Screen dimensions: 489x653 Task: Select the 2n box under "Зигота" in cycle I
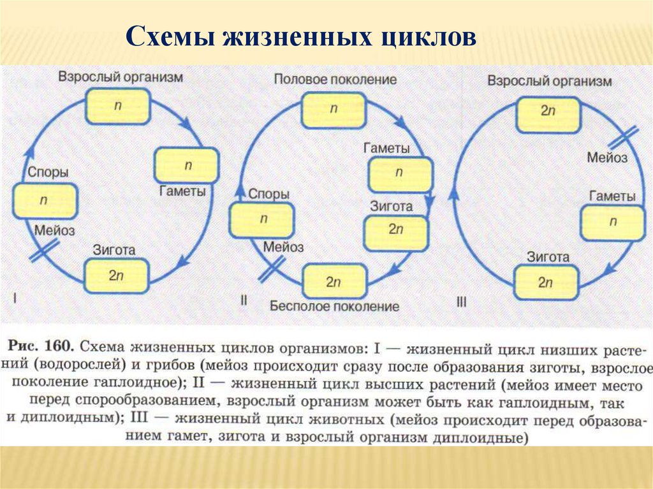coord(116,276)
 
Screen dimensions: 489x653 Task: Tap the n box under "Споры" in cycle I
coord(45,201)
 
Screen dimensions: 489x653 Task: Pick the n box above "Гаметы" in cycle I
coord(187,165)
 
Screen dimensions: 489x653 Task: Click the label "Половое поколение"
coord(335,80)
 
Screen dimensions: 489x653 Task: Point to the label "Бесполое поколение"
coord(334,306)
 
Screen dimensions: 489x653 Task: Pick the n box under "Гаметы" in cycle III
coord(612,223)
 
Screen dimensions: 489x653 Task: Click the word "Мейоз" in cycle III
coord(607,157)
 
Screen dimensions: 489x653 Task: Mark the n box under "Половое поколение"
coord(334,109)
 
